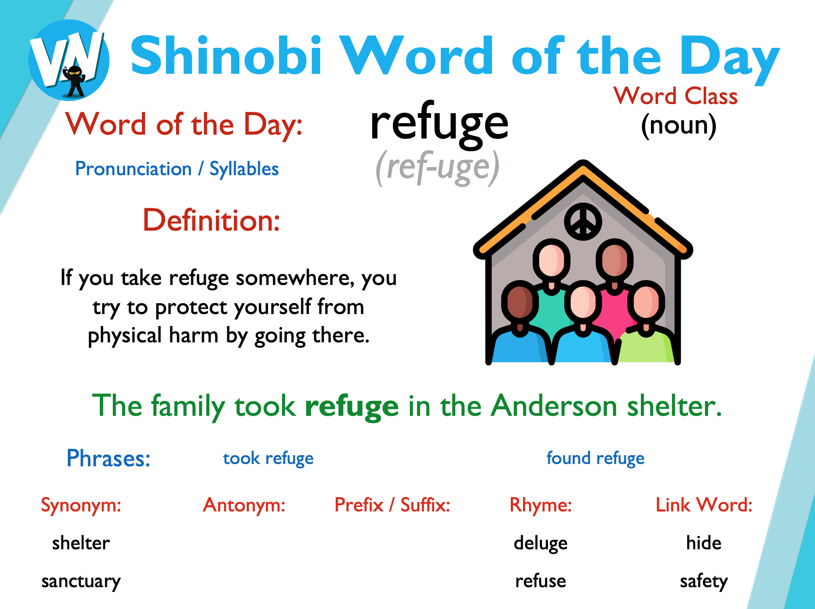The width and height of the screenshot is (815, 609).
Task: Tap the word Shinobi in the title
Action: pos(226,55)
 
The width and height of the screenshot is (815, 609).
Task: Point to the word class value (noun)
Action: pos(678,125)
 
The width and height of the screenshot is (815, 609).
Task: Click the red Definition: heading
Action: pos(211,221)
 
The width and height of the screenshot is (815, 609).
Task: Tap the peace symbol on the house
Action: pos(583,221)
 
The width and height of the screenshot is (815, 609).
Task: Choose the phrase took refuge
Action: pos(268,458)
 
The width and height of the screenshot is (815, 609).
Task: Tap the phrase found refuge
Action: pos(595,458)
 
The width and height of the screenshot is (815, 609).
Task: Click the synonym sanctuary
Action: pos(81,581)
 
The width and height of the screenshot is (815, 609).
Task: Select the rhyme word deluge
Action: pos(541,544)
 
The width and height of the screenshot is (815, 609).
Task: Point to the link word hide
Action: pos(704,543)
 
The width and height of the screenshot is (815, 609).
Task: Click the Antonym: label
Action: pos(244,505)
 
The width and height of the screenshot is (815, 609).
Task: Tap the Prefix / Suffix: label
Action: pos(392,505)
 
